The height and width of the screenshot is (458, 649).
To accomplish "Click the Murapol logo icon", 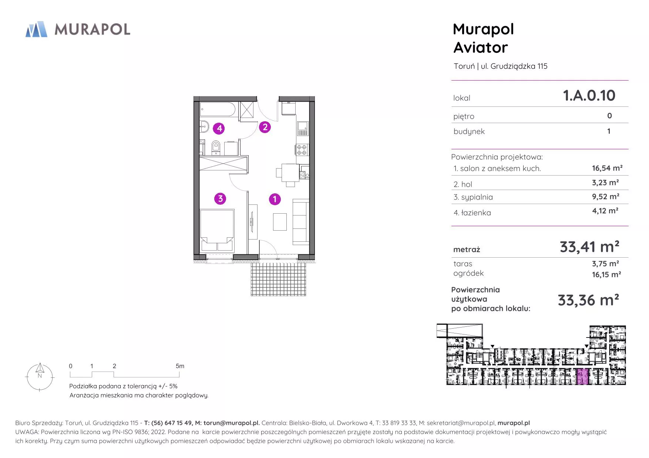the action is pos(36,29).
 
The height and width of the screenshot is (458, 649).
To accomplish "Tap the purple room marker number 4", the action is pos(219,128).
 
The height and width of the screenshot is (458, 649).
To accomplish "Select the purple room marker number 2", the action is pos(265,127).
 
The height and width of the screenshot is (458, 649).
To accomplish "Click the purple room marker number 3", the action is pos(220,199).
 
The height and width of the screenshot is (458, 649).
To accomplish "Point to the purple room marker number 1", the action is pos(275,199).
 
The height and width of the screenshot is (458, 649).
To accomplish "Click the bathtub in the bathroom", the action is pos(218,110).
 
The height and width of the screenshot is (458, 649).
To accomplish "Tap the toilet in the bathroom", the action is pos(216,147).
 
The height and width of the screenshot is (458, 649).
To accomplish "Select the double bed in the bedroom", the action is pos(217,230).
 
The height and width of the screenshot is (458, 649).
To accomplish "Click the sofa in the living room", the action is pos(301,222).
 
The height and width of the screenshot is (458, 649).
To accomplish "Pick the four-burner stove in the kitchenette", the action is pos(302,149).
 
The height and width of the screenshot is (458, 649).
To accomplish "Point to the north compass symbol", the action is pos(40,377).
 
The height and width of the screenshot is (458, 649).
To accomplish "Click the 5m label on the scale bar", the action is pos(180,366).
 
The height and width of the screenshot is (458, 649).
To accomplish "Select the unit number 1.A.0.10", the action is pos(589,95).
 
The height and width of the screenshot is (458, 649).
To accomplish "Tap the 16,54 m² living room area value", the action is pos(607,168).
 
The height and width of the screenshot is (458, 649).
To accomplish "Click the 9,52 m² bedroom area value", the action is pos(606,197).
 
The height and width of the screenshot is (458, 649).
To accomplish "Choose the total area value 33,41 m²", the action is pos(589,247).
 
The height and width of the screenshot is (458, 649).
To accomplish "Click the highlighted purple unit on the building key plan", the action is pos(582,377).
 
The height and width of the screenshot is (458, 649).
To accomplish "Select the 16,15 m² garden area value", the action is pos(606,275).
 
